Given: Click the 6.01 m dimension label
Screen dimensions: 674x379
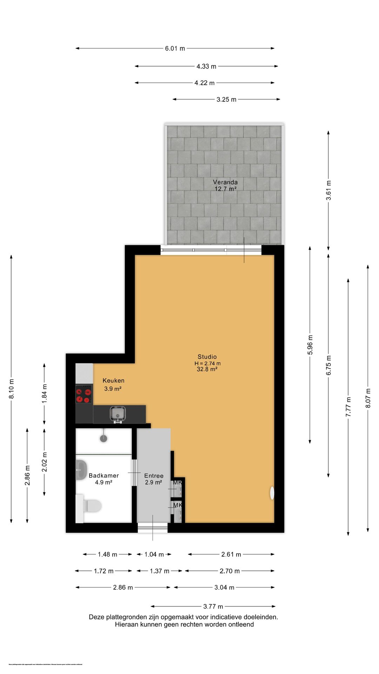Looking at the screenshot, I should [175, 48].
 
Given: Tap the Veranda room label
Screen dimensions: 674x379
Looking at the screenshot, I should [225, 182].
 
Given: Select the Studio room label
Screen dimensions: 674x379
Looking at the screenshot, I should [207, 357].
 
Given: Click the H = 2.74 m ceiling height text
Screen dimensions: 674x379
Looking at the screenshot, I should [207, 363].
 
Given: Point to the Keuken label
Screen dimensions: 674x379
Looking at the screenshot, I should [113, 381].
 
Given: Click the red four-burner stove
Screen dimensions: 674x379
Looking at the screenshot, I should [84, 394].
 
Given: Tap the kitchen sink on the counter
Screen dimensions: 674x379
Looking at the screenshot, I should [118, 414].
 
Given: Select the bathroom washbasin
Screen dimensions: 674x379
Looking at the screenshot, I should [81, 469].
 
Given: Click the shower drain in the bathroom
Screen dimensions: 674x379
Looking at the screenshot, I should [104, 438].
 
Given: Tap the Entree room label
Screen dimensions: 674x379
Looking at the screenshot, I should [154, 476].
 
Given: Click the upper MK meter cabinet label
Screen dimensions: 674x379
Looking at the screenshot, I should [178, 482].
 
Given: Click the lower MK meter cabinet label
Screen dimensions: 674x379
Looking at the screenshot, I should [178, 505].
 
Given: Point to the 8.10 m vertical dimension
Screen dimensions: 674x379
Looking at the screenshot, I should [12, 389].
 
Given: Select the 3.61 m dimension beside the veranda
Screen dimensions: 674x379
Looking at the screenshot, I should [328, 190].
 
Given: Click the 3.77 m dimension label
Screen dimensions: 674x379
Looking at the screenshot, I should [213, 606].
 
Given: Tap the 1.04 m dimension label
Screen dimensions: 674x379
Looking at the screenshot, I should [154, 554].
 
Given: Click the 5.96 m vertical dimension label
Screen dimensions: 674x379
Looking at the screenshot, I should [310, 345].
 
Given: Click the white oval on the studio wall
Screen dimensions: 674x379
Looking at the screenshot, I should [272, 493].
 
